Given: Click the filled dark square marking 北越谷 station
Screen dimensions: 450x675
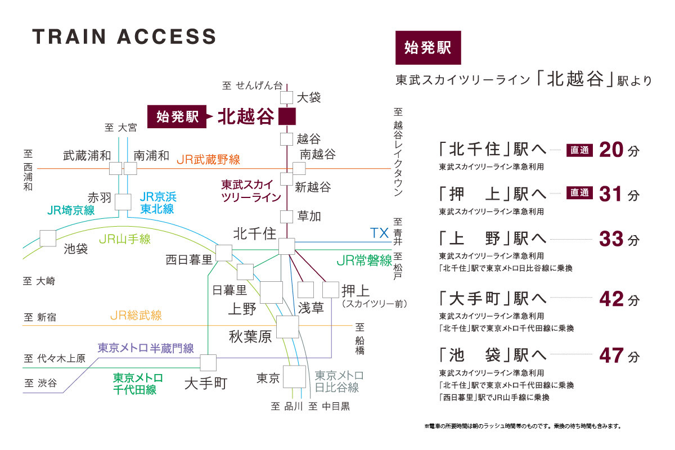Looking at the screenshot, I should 287,116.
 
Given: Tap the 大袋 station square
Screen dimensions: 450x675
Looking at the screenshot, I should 287,97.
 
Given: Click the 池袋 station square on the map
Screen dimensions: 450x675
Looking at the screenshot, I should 48,238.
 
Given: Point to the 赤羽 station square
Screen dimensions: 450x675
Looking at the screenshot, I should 123,201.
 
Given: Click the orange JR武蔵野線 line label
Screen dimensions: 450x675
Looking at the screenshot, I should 208,160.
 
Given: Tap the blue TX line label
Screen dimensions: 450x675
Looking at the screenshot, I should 380,233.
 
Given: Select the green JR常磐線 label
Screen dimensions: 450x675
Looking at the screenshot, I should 363,260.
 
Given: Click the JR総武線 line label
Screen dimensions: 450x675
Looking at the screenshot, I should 136,316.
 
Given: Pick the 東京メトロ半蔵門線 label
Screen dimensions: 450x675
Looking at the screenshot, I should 146,348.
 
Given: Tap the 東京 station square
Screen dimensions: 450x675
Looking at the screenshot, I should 294,377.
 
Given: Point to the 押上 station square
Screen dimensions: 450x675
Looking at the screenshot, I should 331,289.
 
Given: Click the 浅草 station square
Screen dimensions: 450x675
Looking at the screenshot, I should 305,289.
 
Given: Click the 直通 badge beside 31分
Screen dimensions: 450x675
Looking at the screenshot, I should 579,193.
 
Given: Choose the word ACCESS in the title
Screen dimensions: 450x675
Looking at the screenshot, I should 166,37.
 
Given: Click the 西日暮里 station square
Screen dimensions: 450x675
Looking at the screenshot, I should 224,253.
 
